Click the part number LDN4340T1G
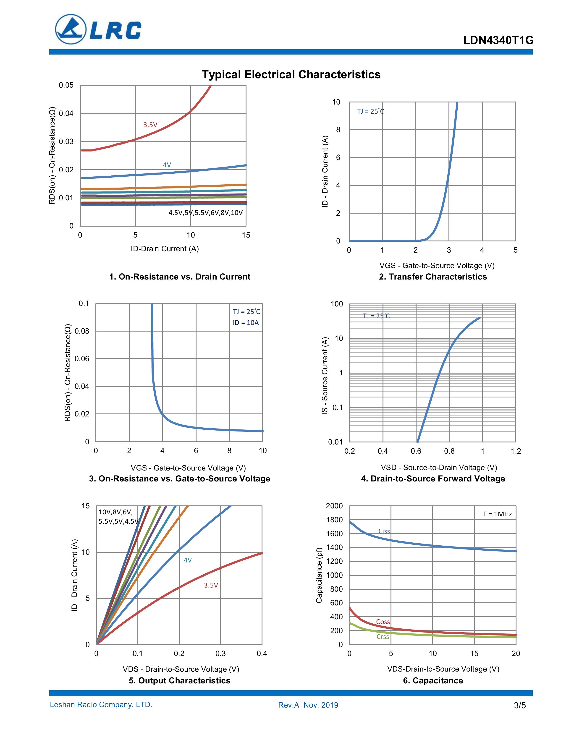pos(498,41)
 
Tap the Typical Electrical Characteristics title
pos(291,74)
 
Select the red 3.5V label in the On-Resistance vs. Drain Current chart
pos(150,125)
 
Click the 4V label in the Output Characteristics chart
pos(188,560)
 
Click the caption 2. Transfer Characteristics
pos(433,277)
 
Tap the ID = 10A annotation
pos(246,323)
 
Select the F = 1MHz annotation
pos(497,514)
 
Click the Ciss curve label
pos(384,531)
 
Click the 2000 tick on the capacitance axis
pos(334,506)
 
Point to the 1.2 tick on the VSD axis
pos(516,451)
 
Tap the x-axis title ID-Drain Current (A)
pos(165,248)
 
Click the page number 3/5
pos(520,705)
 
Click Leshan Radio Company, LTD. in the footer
pos(101,705)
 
